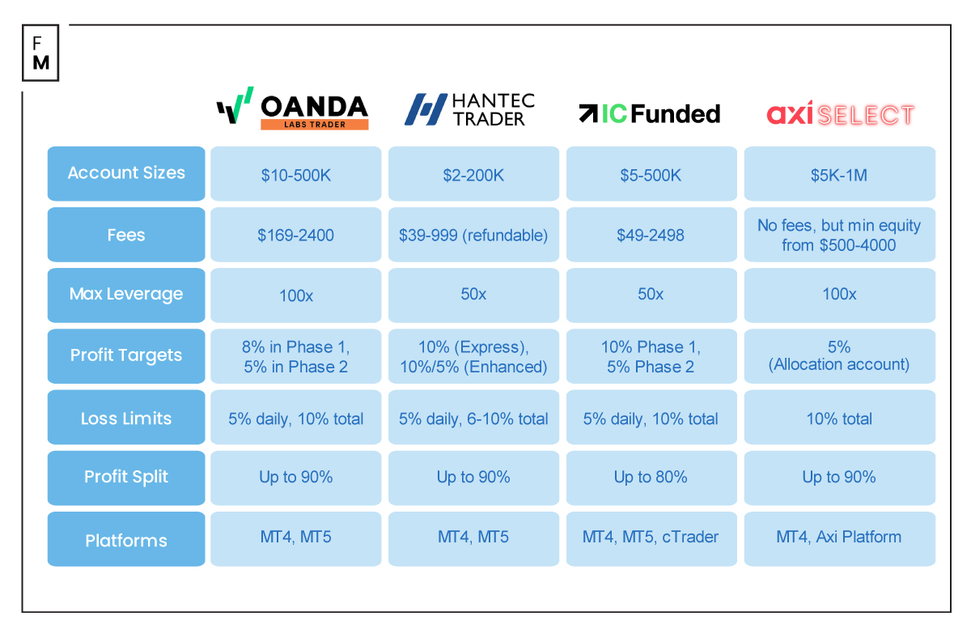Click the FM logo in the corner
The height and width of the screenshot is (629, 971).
pyautogui.click(x=40, y=53)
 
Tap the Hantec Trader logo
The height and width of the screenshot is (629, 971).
pyautogui.click(x=470, y=109)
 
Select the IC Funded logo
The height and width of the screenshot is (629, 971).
pyautogui.click(x=649, y=113)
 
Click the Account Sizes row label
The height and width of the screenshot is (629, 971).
pyautogui.click(x=126, y=173)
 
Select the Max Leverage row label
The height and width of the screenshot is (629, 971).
pyautogui.click(x=126, y=295)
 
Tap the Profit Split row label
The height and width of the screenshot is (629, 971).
pyautogui.click(x=126, y=478)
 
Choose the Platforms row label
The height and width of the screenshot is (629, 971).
pyautogui.click(x=126, y=540)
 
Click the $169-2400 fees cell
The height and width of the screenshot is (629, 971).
pyautogui.click(x=295, y=236)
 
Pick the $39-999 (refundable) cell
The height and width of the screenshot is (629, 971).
pyautogui.click(x=473, y=236)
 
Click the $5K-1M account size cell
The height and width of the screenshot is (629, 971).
pyautogui.click(x=839, y=174)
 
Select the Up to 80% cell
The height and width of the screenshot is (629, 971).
pyautogui.click(x=651, y=478)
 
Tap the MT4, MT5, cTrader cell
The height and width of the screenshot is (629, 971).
pyautogui.click(x=651, y=538)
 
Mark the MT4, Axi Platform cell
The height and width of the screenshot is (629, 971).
pyautogui.click(x=839, y=538)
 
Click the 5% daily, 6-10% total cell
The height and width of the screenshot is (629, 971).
pyautogui.click(x=473, y=419)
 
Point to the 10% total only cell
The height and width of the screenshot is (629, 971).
pyautogui.click(x=839, y=419)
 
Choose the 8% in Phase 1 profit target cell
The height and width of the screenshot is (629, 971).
pyautogui.click(x=295, y=356)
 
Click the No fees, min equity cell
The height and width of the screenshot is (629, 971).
pyautogui.click(x=839, y=236)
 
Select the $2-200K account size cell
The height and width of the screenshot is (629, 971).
pyautogui.click(x=473, y=174)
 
